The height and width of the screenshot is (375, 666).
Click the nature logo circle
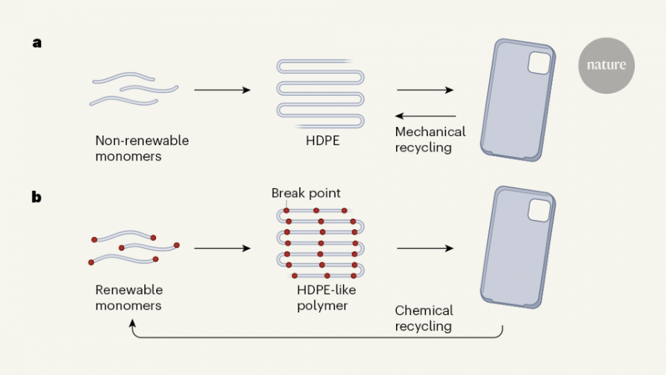[x=606, y=65]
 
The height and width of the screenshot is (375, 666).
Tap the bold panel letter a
[x=37, y=43]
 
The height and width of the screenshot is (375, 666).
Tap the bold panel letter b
[x=37, y=197]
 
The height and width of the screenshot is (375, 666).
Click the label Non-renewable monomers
[x=142, y=149]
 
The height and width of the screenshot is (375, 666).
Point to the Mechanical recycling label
[x=430, y=140]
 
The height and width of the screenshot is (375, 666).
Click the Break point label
[x=306, y=192]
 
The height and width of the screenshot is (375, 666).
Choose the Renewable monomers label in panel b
[x=129, y=297]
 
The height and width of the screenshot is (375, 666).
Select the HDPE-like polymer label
[x=321, y=297]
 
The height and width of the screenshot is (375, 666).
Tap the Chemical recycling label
[x=424, y=318]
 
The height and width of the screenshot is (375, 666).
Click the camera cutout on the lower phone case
[x=538, y=210]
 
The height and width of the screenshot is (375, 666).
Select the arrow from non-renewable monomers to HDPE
[x=221, y=90]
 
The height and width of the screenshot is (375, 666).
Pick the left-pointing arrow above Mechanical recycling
[x=426, y=116]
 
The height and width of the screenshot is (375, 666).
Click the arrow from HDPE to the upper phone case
[x=425, y=90]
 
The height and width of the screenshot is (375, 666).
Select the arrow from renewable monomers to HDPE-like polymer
[x=221, y=248]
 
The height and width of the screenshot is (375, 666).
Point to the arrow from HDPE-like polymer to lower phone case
[x=425, y=248]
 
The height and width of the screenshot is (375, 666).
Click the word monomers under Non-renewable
[x=128, y=156]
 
